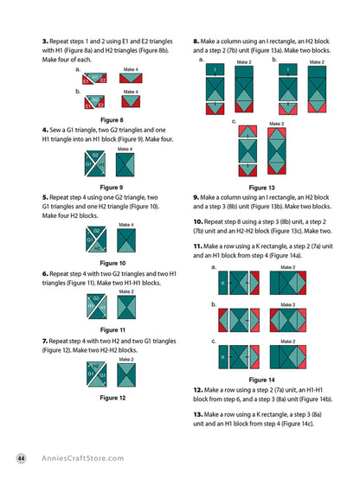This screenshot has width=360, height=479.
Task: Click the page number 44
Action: tap(20, 458)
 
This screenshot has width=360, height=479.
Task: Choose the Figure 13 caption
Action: tap(261, 187)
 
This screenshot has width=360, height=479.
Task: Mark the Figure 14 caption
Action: tap(261, 379)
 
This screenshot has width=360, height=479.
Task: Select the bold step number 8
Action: tap(196, 40)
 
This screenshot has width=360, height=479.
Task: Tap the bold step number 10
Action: tap(198, 221)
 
